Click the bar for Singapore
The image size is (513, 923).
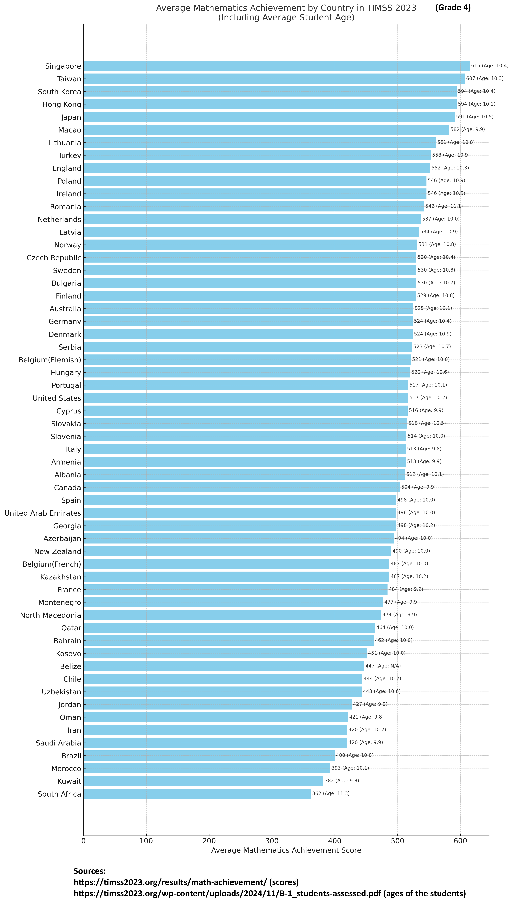coord(276,66)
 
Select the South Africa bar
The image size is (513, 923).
coord(197,794)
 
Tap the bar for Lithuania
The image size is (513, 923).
coord(260,143)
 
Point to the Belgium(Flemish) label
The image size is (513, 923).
coord(50,360)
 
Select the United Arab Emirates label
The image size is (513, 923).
coord(43,513)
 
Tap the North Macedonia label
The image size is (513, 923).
coord(50,615)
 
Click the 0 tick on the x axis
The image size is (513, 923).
coord(83,841)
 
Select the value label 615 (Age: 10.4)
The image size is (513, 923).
coord(489,66)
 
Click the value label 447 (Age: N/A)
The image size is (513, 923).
coord(383,666)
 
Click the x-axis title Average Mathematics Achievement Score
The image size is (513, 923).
coord(286,850)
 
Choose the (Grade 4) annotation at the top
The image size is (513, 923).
coord(453,7)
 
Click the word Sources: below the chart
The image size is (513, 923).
coord(90,871)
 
